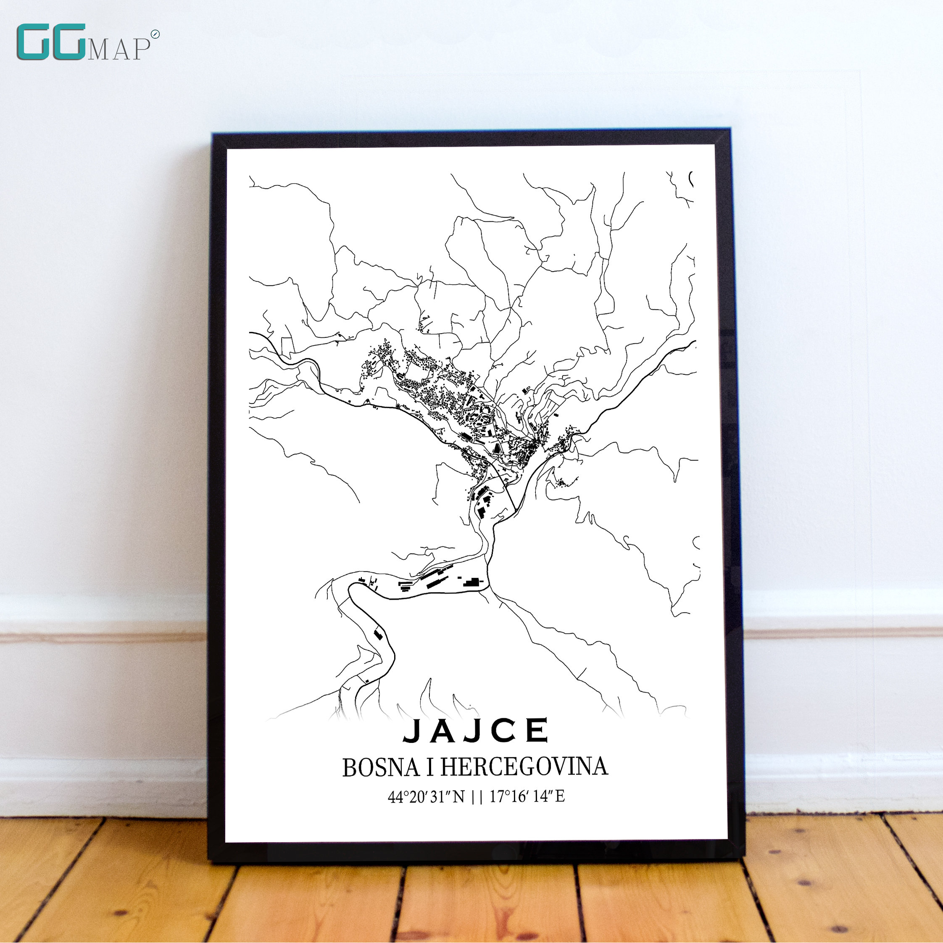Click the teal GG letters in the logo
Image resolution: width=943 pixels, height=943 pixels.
[51, 42]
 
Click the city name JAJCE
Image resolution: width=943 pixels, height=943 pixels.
[476, 731]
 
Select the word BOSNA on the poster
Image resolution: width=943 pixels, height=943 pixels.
[381, 768]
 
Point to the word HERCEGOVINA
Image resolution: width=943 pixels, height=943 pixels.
[524, 767]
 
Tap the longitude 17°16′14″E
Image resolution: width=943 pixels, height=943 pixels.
[527, 797]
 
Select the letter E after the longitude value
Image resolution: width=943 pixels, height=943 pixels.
[560, 797]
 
